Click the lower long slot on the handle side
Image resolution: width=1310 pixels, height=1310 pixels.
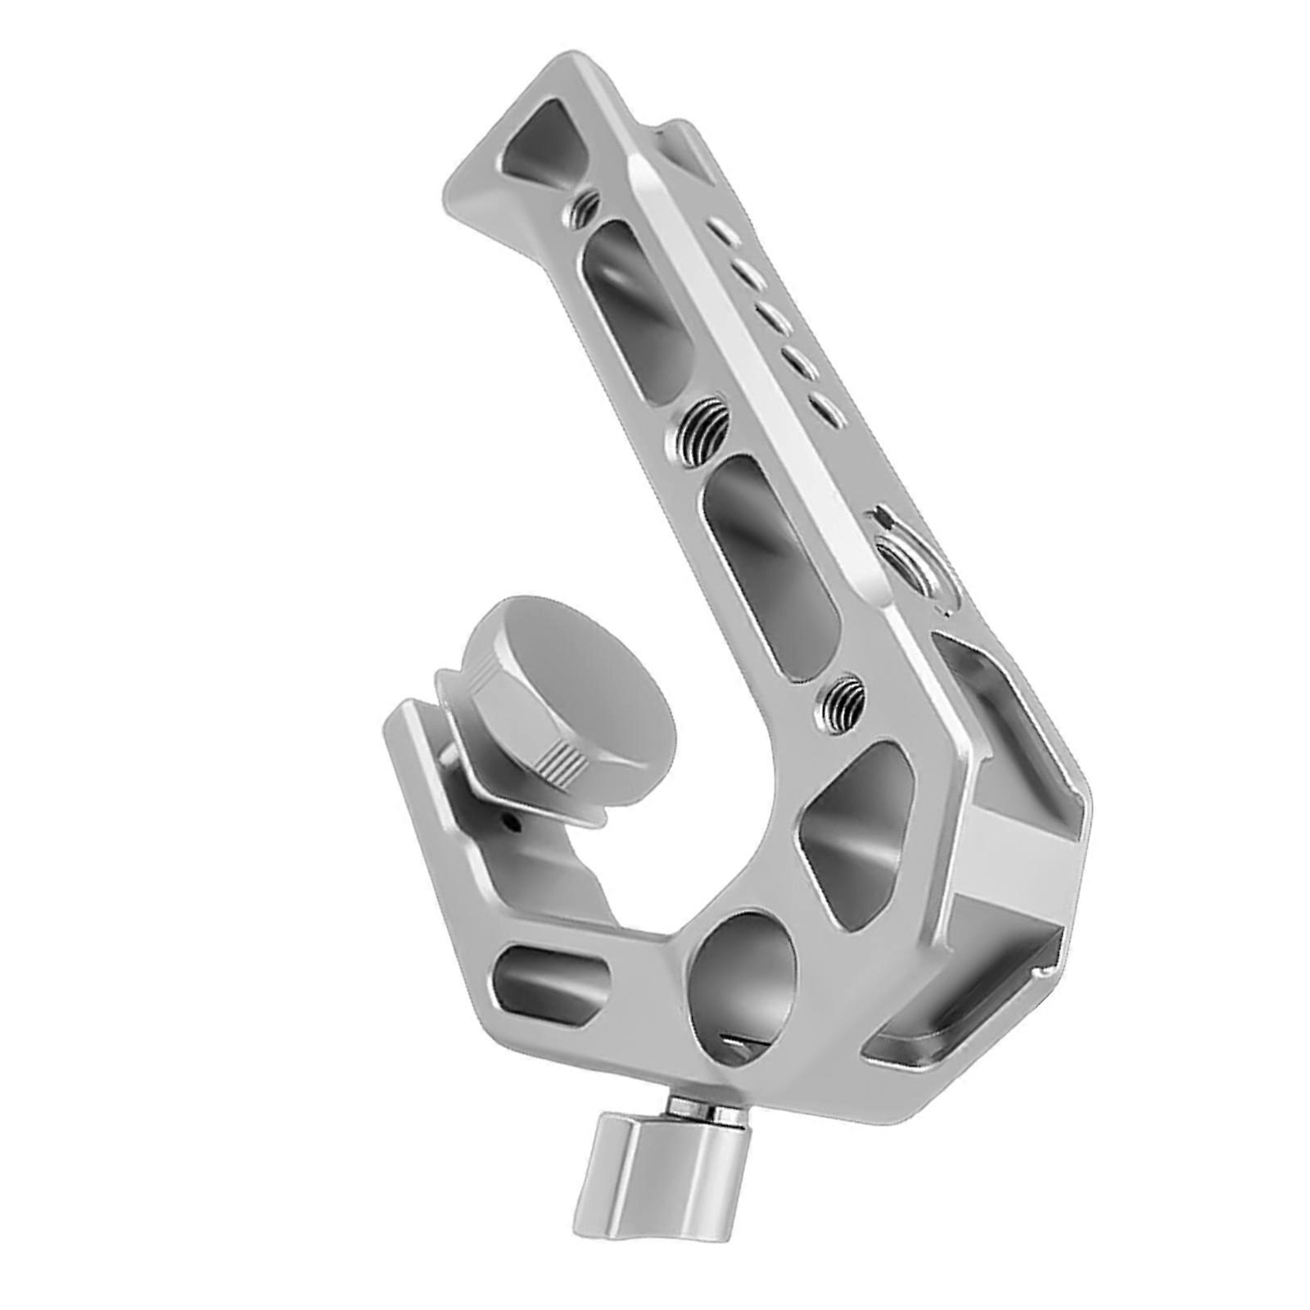click(x=770, y=565)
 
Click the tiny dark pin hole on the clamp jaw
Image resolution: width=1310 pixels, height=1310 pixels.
click(x=510, y=821)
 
